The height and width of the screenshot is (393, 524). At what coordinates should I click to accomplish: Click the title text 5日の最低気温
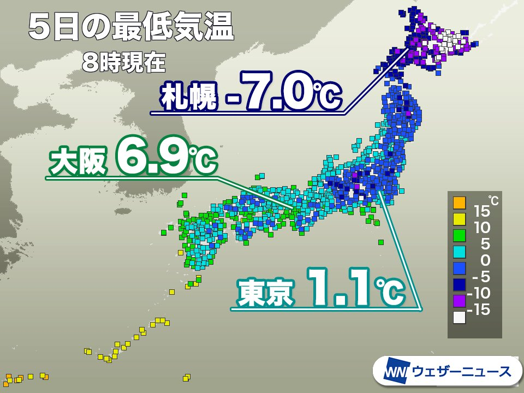131,28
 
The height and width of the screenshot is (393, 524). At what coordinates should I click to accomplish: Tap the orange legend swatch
459,204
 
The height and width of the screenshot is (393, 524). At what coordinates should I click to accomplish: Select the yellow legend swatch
459,221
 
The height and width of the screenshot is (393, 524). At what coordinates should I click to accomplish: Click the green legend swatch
459,236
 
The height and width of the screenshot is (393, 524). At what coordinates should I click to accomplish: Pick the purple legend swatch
459,300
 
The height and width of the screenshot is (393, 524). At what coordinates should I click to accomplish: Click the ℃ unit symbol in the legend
493,198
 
